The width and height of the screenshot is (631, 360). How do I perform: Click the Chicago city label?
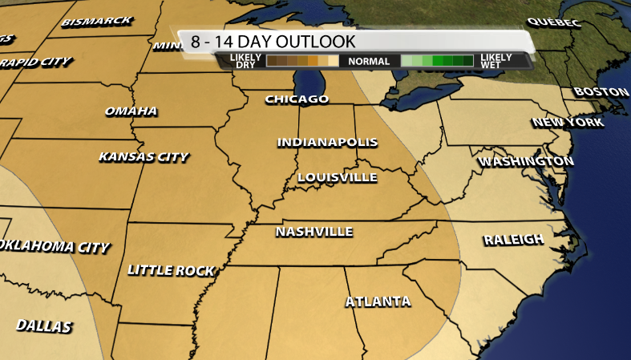pyautogui.click(x=297, y=99)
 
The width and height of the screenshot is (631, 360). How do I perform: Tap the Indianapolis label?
pyautogui.click(x=327, y=142)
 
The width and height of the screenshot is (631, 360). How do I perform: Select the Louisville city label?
pyautogui.click(x=337, y=176)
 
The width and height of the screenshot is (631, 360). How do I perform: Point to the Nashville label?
pyautogui.click(x=314, y=232)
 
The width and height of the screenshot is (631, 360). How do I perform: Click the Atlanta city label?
pyautogui.click(x=378, y=301)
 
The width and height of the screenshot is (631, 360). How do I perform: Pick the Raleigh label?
pyautogui.click(x=514, y=239)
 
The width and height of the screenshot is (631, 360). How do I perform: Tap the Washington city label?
pyautogui.click(x=526, y=162)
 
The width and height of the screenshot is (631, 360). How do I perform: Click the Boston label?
pyautogui.click(x=601, y=92)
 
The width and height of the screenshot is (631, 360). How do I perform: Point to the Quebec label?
pyautogui.click(x=553, y=22)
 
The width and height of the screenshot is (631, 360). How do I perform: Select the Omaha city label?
pyautogui.click(x=131, y=111)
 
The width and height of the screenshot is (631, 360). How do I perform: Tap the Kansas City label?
pyautogui.click(x=144, y=156)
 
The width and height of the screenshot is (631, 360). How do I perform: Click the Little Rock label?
pyautogui.click(x=171, y=270)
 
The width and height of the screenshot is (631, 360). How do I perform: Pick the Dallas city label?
pyautogui.click(x=44, y=326)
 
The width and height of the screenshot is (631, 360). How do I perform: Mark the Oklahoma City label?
pyautogui.click(x=55, y=246)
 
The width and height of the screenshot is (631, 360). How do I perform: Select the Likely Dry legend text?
pyautogui.click(x=243, y=61)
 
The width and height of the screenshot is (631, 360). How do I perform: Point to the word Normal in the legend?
pyautogui.click(x=369, y=61)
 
